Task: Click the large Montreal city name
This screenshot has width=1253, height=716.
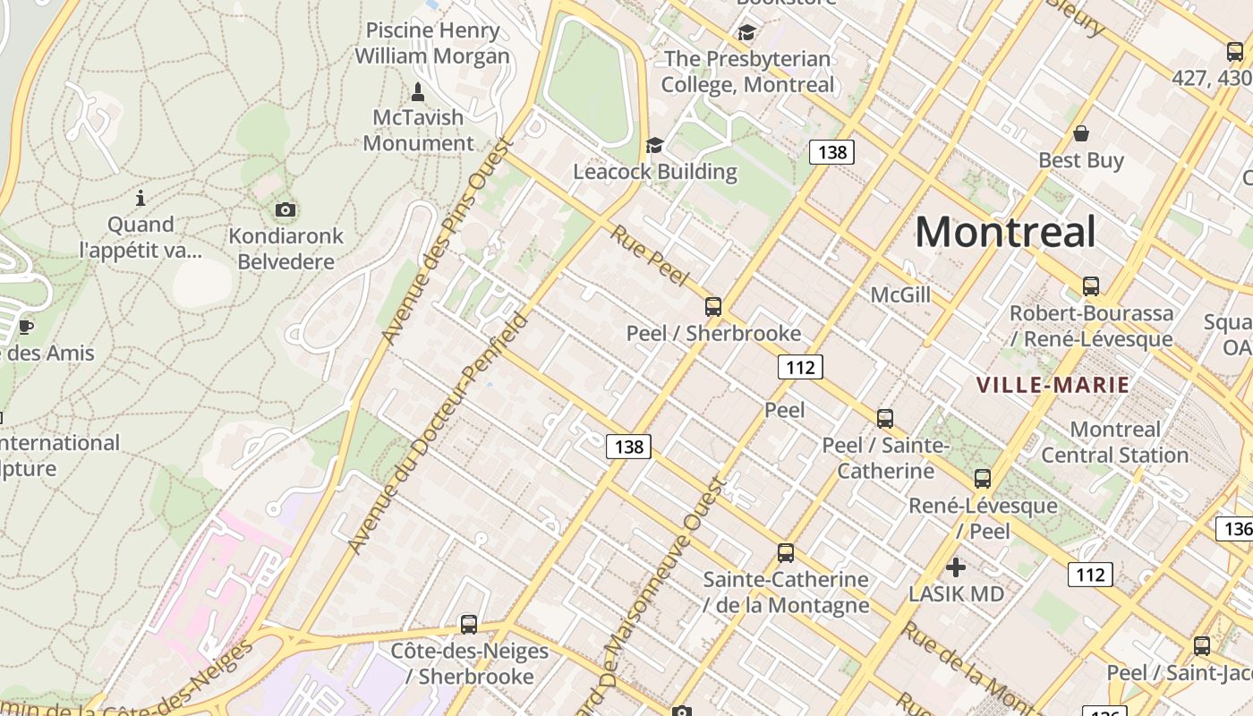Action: pos(1005,233)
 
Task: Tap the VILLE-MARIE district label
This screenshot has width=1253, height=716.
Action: pos(1053,386)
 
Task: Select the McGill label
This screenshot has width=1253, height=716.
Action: pos(900,294)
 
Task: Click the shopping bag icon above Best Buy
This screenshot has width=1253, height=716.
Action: pos(1081,134)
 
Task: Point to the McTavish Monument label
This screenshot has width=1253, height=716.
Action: pos(419,131)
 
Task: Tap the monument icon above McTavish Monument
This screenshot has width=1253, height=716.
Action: pos(417,91)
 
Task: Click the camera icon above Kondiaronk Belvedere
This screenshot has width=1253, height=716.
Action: pos(286,210)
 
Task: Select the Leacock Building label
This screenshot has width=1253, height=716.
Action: pos(655,172)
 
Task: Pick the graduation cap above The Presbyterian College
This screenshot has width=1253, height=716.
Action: pos(746,33)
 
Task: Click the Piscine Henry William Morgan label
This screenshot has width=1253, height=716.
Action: pos(432,43)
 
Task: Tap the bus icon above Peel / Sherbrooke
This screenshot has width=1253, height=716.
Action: pos(713,307)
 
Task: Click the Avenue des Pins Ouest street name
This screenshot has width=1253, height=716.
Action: pos(445,240)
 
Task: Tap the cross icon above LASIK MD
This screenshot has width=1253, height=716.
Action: pos(956,567)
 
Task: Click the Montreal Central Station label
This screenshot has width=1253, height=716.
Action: pos(1115,442)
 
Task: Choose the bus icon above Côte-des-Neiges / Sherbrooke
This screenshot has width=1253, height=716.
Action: pos(469,625)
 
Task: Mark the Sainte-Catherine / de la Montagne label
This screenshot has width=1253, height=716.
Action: pos(786,592)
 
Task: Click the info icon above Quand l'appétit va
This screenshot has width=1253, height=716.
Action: pos(140,198)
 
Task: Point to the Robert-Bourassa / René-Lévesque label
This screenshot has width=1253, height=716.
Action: pos(1091,326)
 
